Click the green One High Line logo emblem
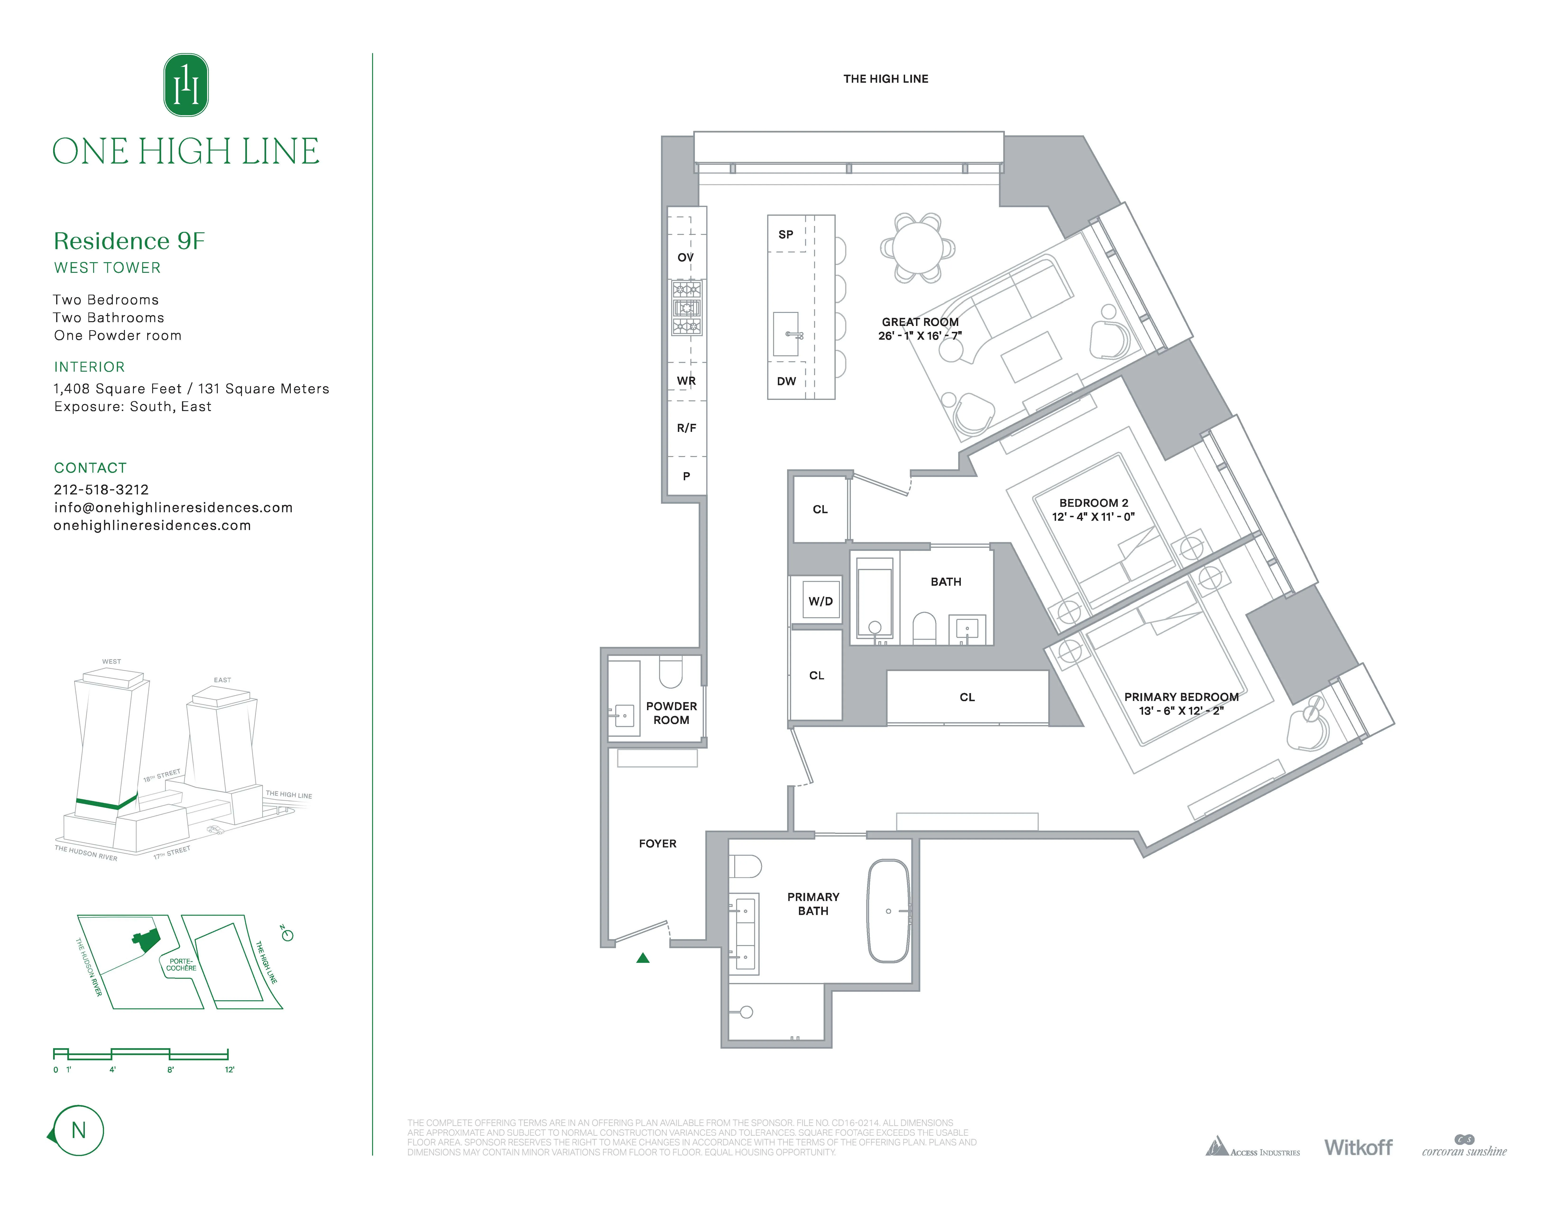click(186, 85)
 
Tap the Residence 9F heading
click(129, 241)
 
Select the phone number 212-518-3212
click(101, 490)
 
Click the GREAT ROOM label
click(919, 322)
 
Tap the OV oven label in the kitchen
click(685, 258)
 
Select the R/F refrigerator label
click(686, 428)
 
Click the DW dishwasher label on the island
click(786, 381)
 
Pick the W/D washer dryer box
click(820, 601)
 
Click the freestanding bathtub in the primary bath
click(888, 911)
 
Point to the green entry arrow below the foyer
click(643, 958)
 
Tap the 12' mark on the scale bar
click(228, 1069)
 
